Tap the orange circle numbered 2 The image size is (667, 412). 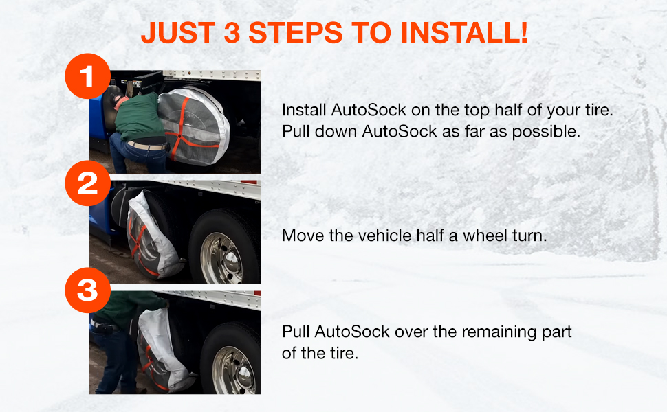(x=87, y=184)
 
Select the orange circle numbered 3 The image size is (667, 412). (x=87, y=291)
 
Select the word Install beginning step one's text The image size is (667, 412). (x=304, y=111)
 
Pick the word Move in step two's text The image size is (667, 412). (x=300, y=236)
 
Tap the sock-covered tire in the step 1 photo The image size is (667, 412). (x=186, y=124)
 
